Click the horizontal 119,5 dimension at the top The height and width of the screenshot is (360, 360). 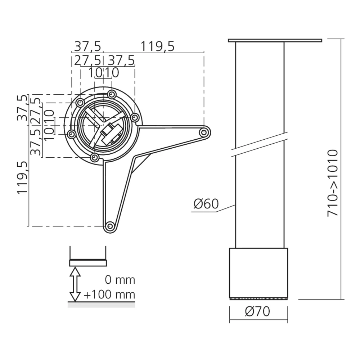tap(157, 46)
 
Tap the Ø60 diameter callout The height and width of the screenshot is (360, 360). tap(206, 204)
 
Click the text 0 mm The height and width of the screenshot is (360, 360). tap(120, 279)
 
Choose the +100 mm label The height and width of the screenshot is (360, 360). tap(109, 295)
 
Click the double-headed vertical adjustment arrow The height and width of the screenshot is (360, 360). tap(75, 284)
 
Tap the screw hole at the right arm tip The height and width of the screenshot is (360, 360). tap(204, 132)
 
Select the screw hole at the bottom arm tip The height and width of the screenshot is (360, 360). tap(110, 226)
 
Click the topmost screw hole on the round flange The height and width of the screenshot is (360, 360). tap(111, 95)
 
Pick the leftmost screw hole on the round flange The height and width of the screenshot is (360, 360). tap(71, 134)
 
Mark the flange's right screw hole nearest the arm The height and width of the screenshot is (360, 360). tap(135, 117)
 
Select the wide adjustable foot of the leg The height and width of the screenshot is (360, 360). tap(258, 273)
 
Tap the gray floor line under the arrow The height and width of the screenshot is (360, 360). tap(101, 305)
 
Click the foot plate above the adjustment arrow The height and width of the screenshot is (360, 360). tap(88, 263)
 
